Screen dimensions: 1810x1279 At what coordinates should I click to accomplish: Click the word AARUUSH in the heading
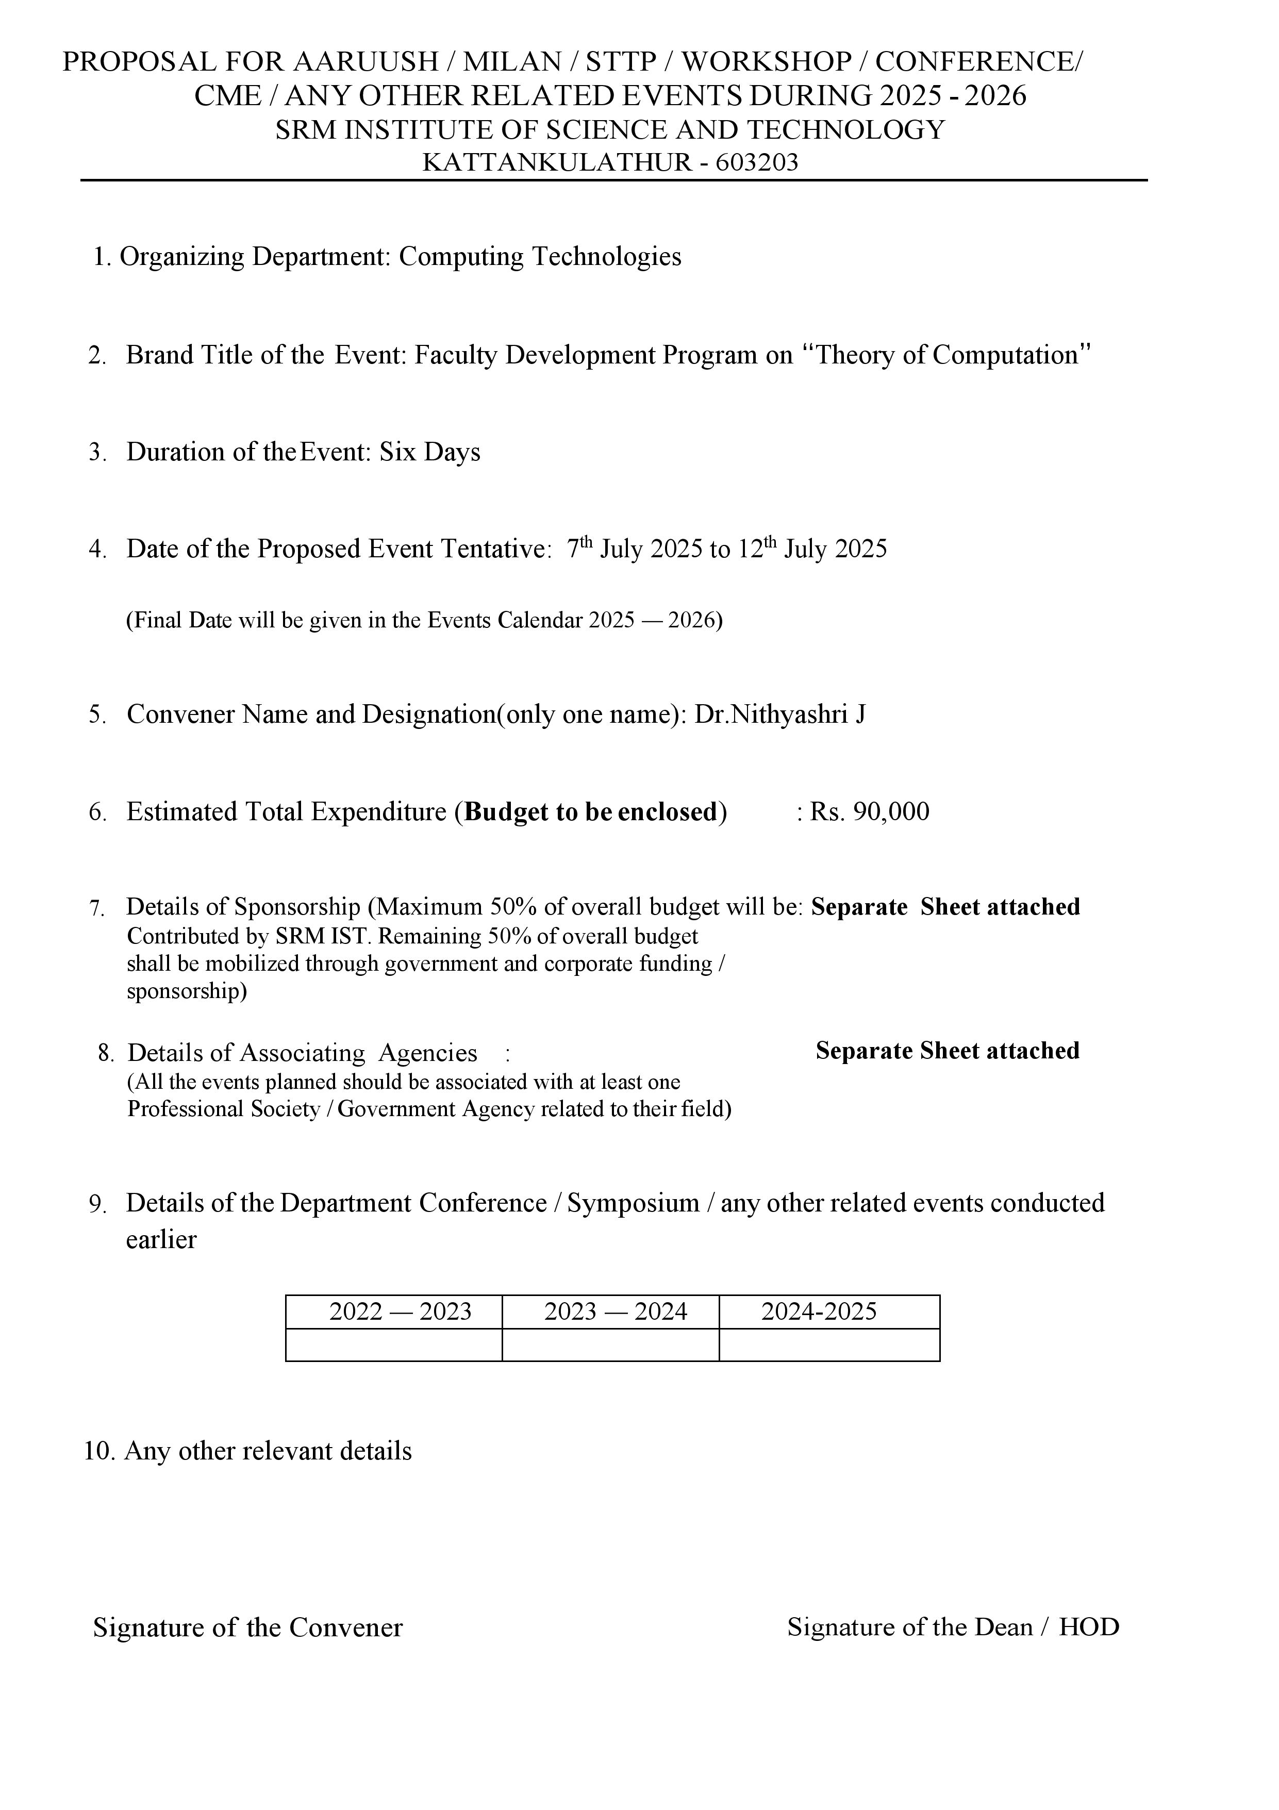[366, 61]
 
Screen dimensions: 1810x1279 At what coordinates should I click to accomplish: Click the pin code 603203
[757, 162]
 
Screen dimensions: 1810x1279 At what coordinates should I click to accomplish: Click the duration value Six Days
[430, 453]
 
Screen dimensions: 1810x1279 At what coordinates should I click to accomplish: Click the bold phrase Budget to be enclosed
[591, 812]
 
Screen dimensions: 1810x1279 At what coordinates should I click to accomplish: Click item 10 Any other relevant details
[247, 1451]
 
